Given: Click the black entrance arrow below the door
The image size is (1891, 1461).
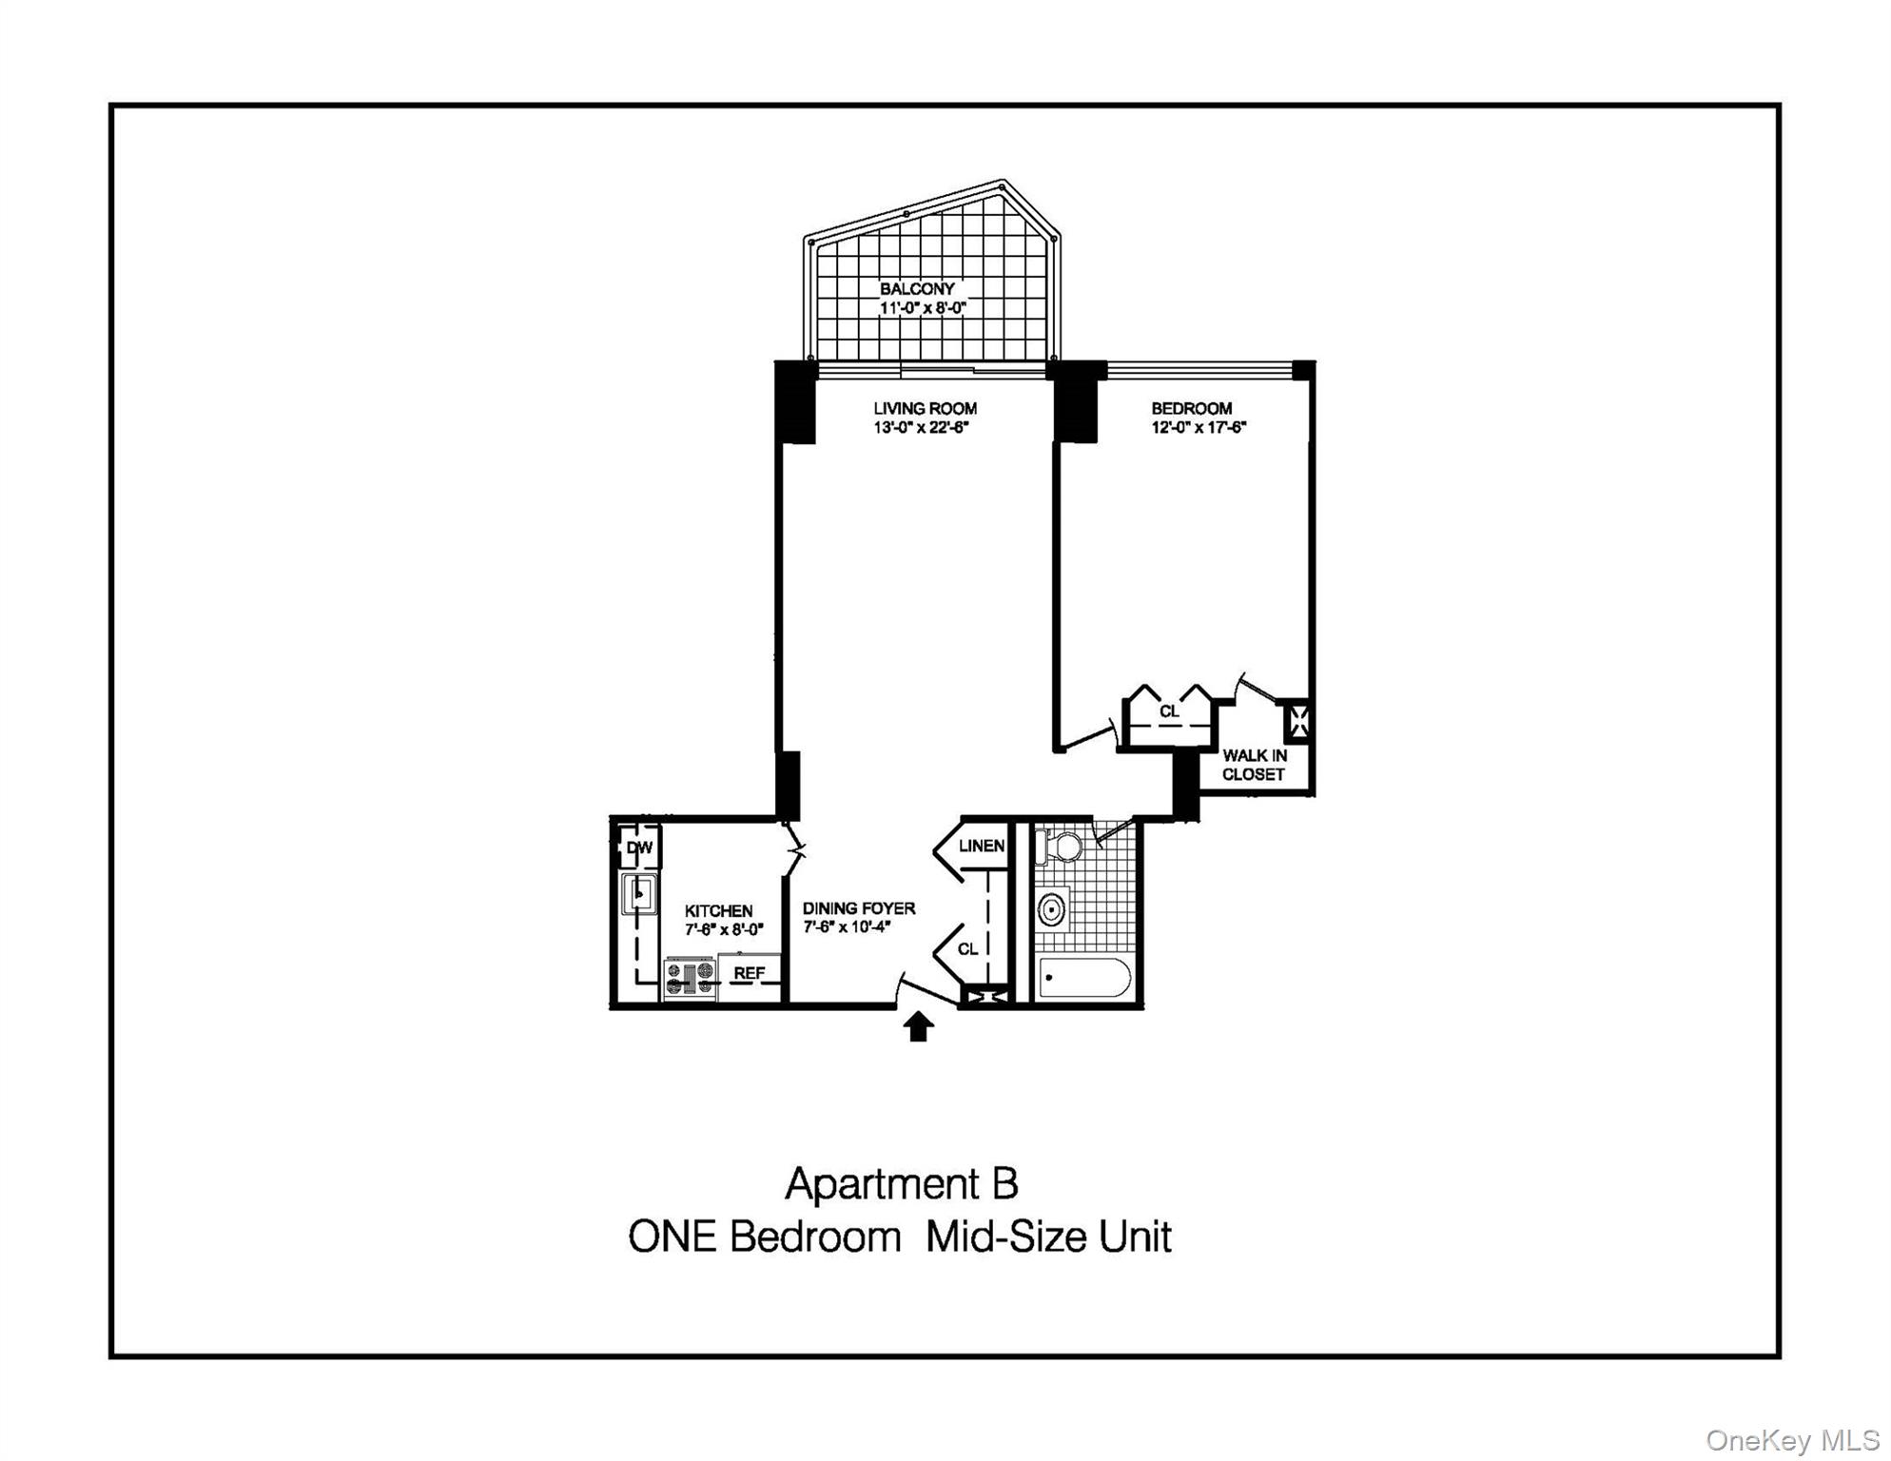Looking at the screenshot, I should (x=918, y=1026).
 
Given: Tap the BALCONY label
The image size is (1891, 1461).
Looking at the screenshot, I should (x=917, y=289).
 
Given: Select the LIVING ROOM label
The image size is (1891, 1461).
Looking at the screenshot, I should (x=925, y=408).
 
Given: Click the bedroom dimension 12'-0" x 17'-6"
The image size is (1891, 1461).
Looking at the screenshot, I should (x=1199, y=428).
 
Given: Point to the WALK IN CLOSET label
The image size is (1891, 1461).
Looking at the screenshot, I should (x=1254, y=765).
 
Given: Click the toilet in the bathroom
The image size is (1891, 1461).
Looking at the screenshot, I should (x=1062, y=847).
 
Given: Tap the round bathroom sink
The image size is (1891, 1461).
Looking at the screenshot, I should (x=1051, y=909).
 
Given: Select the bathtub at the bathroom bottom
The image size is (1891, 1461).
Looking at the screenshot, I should (x=1084, y=978).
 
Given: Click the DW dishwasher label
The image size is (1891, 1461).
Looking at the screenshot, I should (x=639, y=847).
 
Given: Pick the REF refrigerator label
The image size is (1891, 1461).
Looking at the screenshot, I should (x=749, y=973).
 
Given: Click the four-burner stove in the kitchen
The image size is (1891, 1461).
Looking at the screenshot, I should (x=691, y=978).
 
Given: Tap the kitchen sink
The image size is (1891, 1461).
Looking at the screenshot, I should (x=638, y=894).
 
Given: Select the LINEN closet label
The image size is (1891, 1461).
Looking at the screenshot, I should (x=982, y=846).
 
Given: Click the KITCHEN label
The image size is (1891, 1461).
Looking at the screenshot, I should (x=718, y=911).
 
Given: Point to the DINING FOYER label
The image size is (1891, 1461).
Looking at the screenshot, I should (x=859, y=908).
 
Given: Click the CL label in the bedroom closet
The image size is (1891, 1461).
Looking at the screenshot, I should (x=1169, y=711).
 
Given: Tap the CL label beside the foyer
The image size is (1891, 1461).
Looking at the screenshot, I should (x=967, y=949).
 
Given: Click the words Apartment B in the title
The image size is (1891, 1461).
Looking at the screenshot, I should (x=901, y=1184).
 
